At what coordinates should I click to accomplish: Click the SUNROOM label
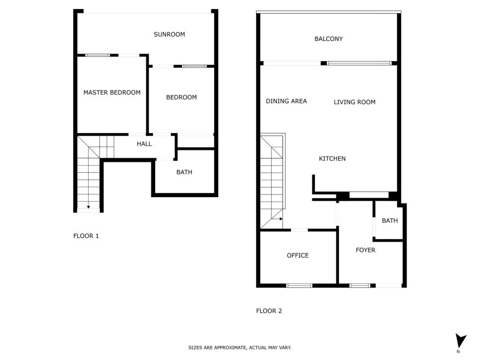tap(169, 34)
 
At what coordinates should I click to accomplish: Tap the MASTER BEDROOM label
tap(112, 92)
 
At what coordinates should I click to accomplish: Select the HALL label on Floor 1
tap(144, 144)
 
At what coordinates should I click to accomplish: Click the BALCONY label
tap(328, 39)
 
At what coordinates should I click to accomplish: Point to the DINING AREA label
tap(286, 101)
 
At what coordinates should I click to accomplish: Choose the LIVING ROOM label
tap(354, 102)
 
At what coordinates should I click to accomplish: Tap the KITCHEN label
tap(332, 158)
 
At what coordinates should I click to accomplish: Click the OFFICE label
tap(297, 255)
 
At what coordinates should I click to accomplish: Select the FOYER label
tap(365, 250)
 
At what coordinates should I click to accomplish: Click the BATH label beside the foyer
tap(390, 220)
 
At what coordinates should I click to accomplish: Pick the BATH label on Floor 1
tap(184, 172)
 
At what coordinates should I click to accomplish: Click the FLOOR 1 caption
tap(86, 236)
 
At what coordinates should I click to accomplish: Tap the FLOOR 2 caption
tap(269, 311)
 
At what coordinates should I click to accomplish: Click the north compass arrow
tap(460, 340)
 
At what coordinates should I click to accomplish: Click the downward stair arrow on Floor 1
tap(88, 207)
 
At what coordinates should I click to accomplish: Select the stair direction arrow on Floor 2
tap(281, 219)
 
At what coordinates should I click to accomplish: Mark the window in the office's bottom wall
tap(299, 286)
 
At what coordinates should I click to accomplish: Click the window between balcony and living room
tap(359, 63)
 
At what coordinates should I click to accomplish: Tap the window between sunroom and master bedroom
tap(97, 55)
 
